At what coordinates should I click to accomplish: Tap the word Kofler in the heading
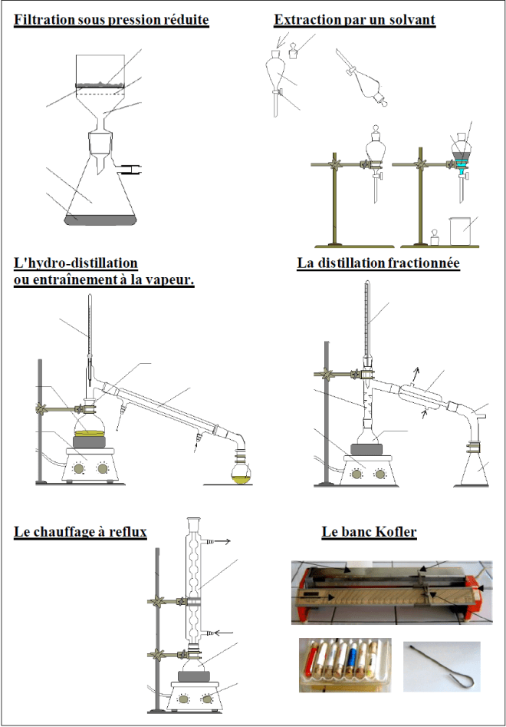click(418, 531)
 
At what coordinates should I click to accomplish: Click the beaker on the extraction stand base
click(459, 230)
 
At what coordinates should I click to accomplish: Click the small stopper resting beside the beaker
click(432, 237)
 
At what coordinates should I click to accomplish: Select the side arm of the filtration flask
click(130, 167)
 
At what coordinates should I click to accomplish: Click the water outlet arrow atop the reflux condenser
click(222, 541)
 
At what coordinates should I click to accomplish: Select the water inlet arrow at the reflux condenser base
click(222, 633)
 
